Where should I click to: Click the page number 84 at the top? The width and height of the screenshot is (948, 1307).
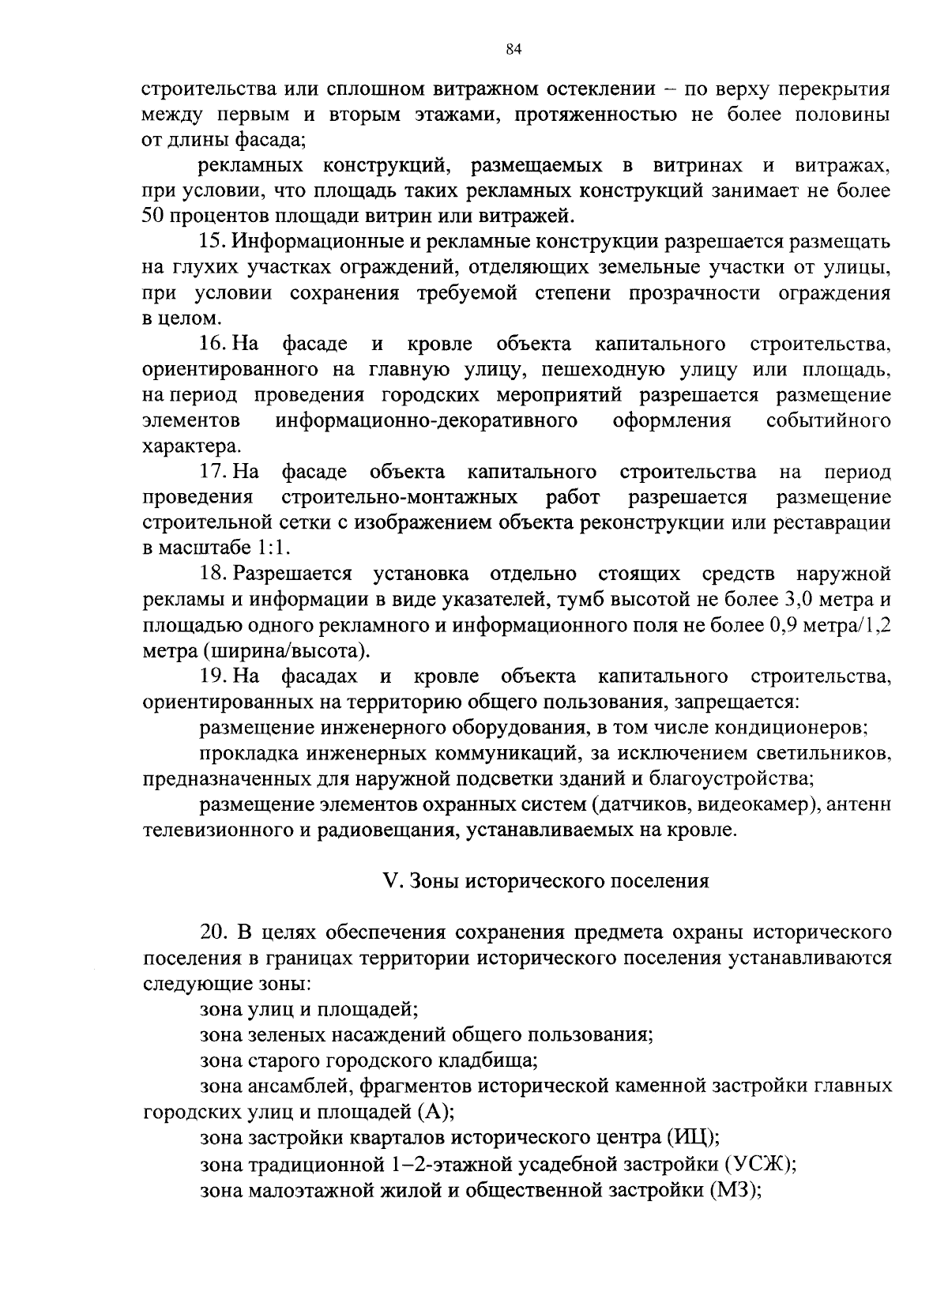pyautogui.click(x=513, y=50)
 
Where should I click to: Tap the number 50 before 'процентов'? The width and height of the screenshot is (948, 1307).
pyautogui.click(x=152, y=216)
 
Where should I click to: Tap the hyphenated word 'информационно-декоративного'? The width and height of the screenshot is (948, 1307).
pyautogui.click(x=426, y=421)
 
